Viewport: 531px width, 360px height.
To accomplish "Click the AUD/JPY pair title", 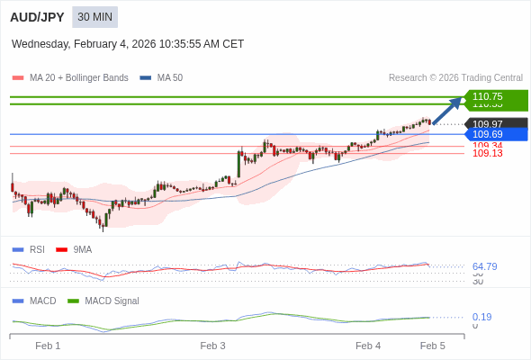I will click(37, 17).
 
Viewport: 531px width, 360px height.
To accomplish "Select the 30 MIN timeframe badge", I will click(94, 17).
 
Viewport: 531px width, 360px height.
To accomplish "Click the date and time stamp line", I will click(128, 44).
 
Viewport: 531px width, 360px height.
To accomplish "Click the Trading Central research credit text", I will click(455, 78).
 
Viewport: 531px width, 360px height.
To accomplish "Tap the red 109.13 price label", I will click(488, 154).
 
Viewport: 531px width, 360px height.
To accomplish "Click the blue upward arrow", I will click(447, 110).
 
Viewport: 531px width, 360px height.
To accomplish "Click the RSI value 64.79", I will click(484, 266).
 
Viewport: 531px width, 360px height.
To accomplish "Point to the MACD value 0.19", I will click(481, 317).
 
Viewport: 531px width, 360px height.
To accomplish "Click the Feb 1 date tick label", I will click(48, 346).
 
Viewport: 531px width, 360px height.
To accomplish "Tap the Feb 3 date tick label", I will click(213, 346).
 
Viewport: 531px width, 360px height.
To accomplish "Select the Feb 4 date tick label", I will click(368, 346).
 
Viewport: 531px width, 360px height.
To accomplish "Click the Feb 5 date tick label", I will click(433, 346).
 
